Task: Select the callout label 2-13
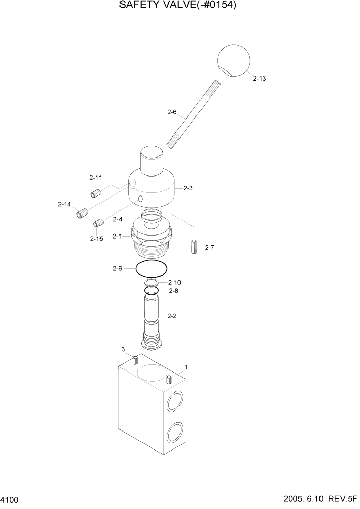coord(259,79)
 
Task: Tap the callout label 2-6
coord(172,111)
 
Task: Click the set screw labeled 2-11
coord(95,193)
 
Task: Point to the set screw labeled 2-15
coord(99,223)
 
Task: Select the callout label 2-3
coord(188,188)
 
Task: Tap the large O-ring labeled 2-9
coord(152,268)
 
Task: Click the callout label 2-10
coord(175,283)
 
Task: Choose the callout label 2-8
coord(174,291)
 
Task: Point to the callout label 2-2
coord(172,316)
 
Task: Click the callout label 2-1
coord(117,237)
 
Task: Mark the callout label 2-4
coord(117,219)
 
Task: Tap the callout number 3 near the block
coord(123,349)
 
